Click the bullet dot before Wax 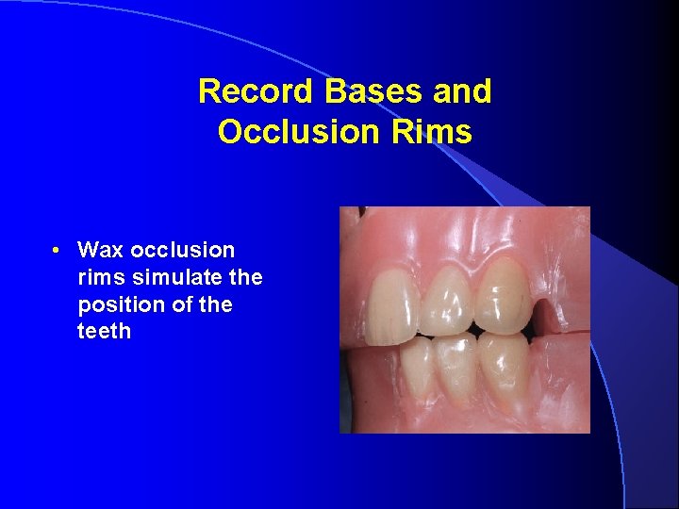[58, 251]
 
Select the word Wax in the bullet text [101, 251]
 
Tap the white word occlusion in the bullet [182, 251]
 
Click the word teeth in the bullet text [104, 332]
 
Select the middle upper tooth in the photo [448, 297]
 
